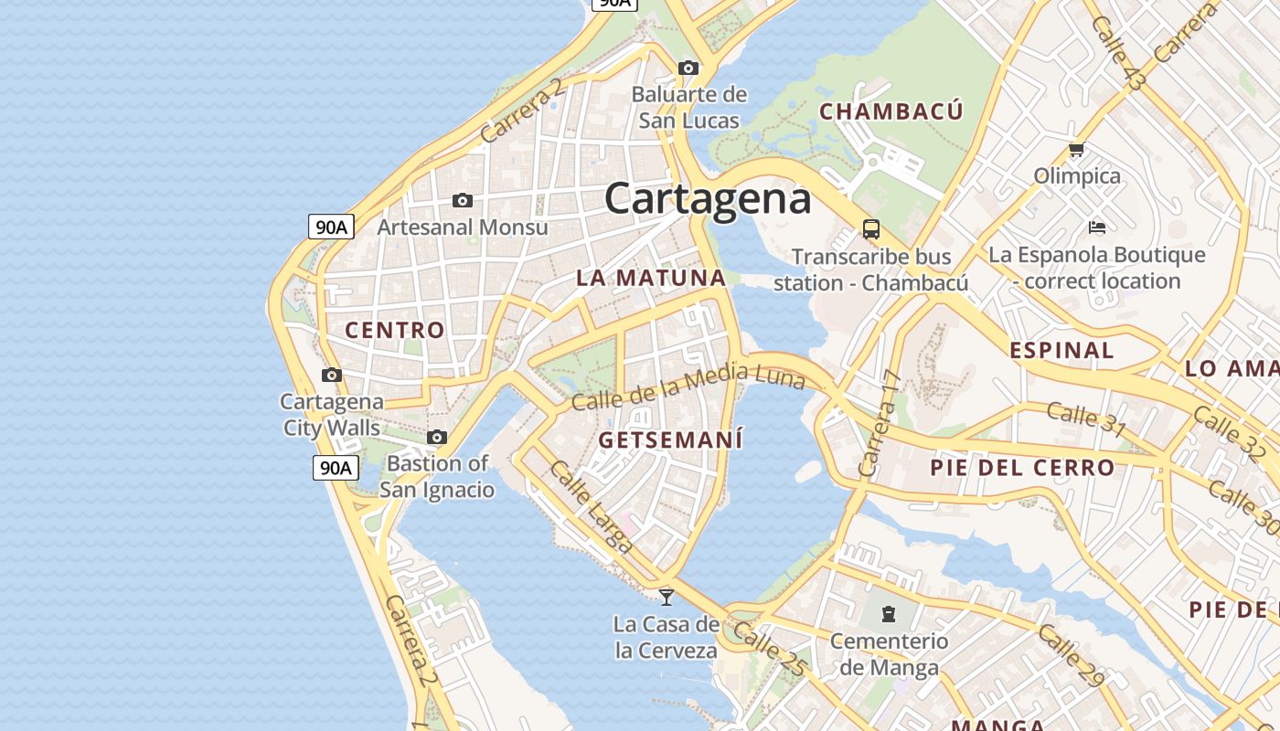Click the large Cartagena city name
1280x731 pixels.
(x=708, y=198)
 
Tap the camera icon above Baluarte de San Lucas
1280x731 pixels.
(x=688, y=68)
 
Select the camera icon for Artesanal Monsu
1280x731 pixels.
(x=463, y=200)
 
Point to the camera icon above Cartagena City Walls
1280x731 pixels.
(x=332, y=375)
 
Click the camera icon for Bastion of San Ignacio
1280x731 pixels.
(x=437, y=438)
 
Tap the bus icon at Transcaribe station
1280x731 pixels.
(x=870, y=229)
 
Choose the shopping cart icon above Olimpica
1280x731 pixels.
(x=1076, y=149)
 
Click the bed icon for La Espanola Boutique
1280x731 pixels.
(x=1097, y=227)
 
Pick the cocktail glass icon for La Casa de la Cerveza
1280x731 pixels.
(x=667, y=597)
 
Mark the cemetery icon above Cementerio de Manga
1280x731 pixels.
(x=889, y=613)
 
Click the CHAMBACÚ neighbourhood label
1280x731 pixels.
(x=891, y=111)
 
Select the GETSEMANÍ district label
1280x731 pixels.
(x=670, y=440)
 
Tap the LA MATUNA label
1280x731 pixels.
(x=651, y=278)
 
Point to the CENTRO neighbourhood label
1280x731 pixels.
(x=395, y=330)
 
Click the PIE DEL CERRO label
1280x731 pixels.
(x=1022, y=468)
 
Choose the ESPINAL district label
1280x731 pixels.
(x=1061, y=350)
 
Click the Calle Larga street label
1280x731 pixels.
(x=592, y=507)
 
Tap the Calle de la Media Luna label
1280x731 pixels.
(x=688, y=386)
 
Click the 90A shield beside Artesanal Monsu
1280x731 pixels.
(x=331, y=227)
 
